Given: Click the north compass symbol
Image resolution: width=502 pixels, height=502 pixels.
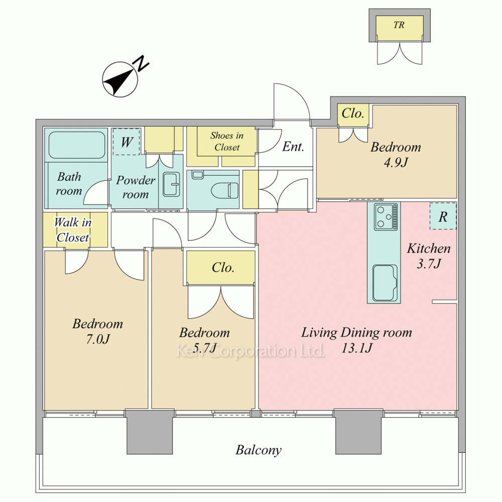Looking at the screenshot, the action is click(120, 79).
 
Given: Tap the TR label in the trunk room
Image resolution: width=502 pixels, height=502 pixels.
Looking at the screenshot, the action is click(399, 25).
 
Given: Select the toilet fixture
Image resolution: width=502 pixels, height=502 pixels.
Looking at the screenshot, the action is click(225, 190).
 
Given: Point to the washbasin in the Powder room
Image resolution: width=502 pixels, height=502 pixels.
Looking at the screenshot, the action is click(172, 184).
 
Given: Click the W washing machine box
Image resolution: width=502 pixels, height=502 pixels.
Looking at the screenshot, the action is click(127, 142).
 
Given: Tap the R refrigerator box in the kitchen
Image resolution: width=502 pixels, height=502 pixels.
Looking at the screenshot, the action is click(443, 216).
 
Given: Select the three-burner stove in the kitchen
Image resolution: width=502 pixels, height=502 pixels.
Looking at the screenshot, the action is click(386, 217).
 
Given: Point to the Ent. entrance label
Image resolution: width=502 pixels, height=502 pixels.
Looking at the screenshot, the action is click(293, 147).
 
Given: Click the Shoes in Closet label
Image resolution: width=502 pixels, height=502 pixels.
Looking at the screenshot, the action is click(227, 141).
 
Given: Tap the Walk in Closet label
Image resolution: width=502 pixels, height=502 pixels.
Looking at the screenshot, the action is click(73, 230).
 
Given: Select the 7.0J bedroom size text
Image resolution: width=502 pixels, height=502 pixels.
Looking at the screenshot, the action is click(98, 339).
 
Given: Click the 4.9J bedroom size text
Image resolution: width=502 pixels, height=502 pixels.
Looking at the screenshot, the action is click(396, 163).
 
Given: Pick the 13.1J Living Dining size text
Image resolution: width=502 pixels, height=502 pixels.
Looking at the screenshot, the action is click(356, 348).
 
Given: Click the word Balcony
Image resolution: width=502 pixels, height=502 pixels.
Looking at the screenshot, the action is click(259, 450).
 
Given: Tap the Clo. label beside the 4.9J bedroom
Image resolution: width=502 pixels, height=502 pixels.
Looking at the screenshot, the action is click(353, 113).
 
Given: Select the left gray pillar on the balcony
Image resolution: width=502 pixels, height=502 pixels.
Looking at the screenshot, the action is click(150, 432).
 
